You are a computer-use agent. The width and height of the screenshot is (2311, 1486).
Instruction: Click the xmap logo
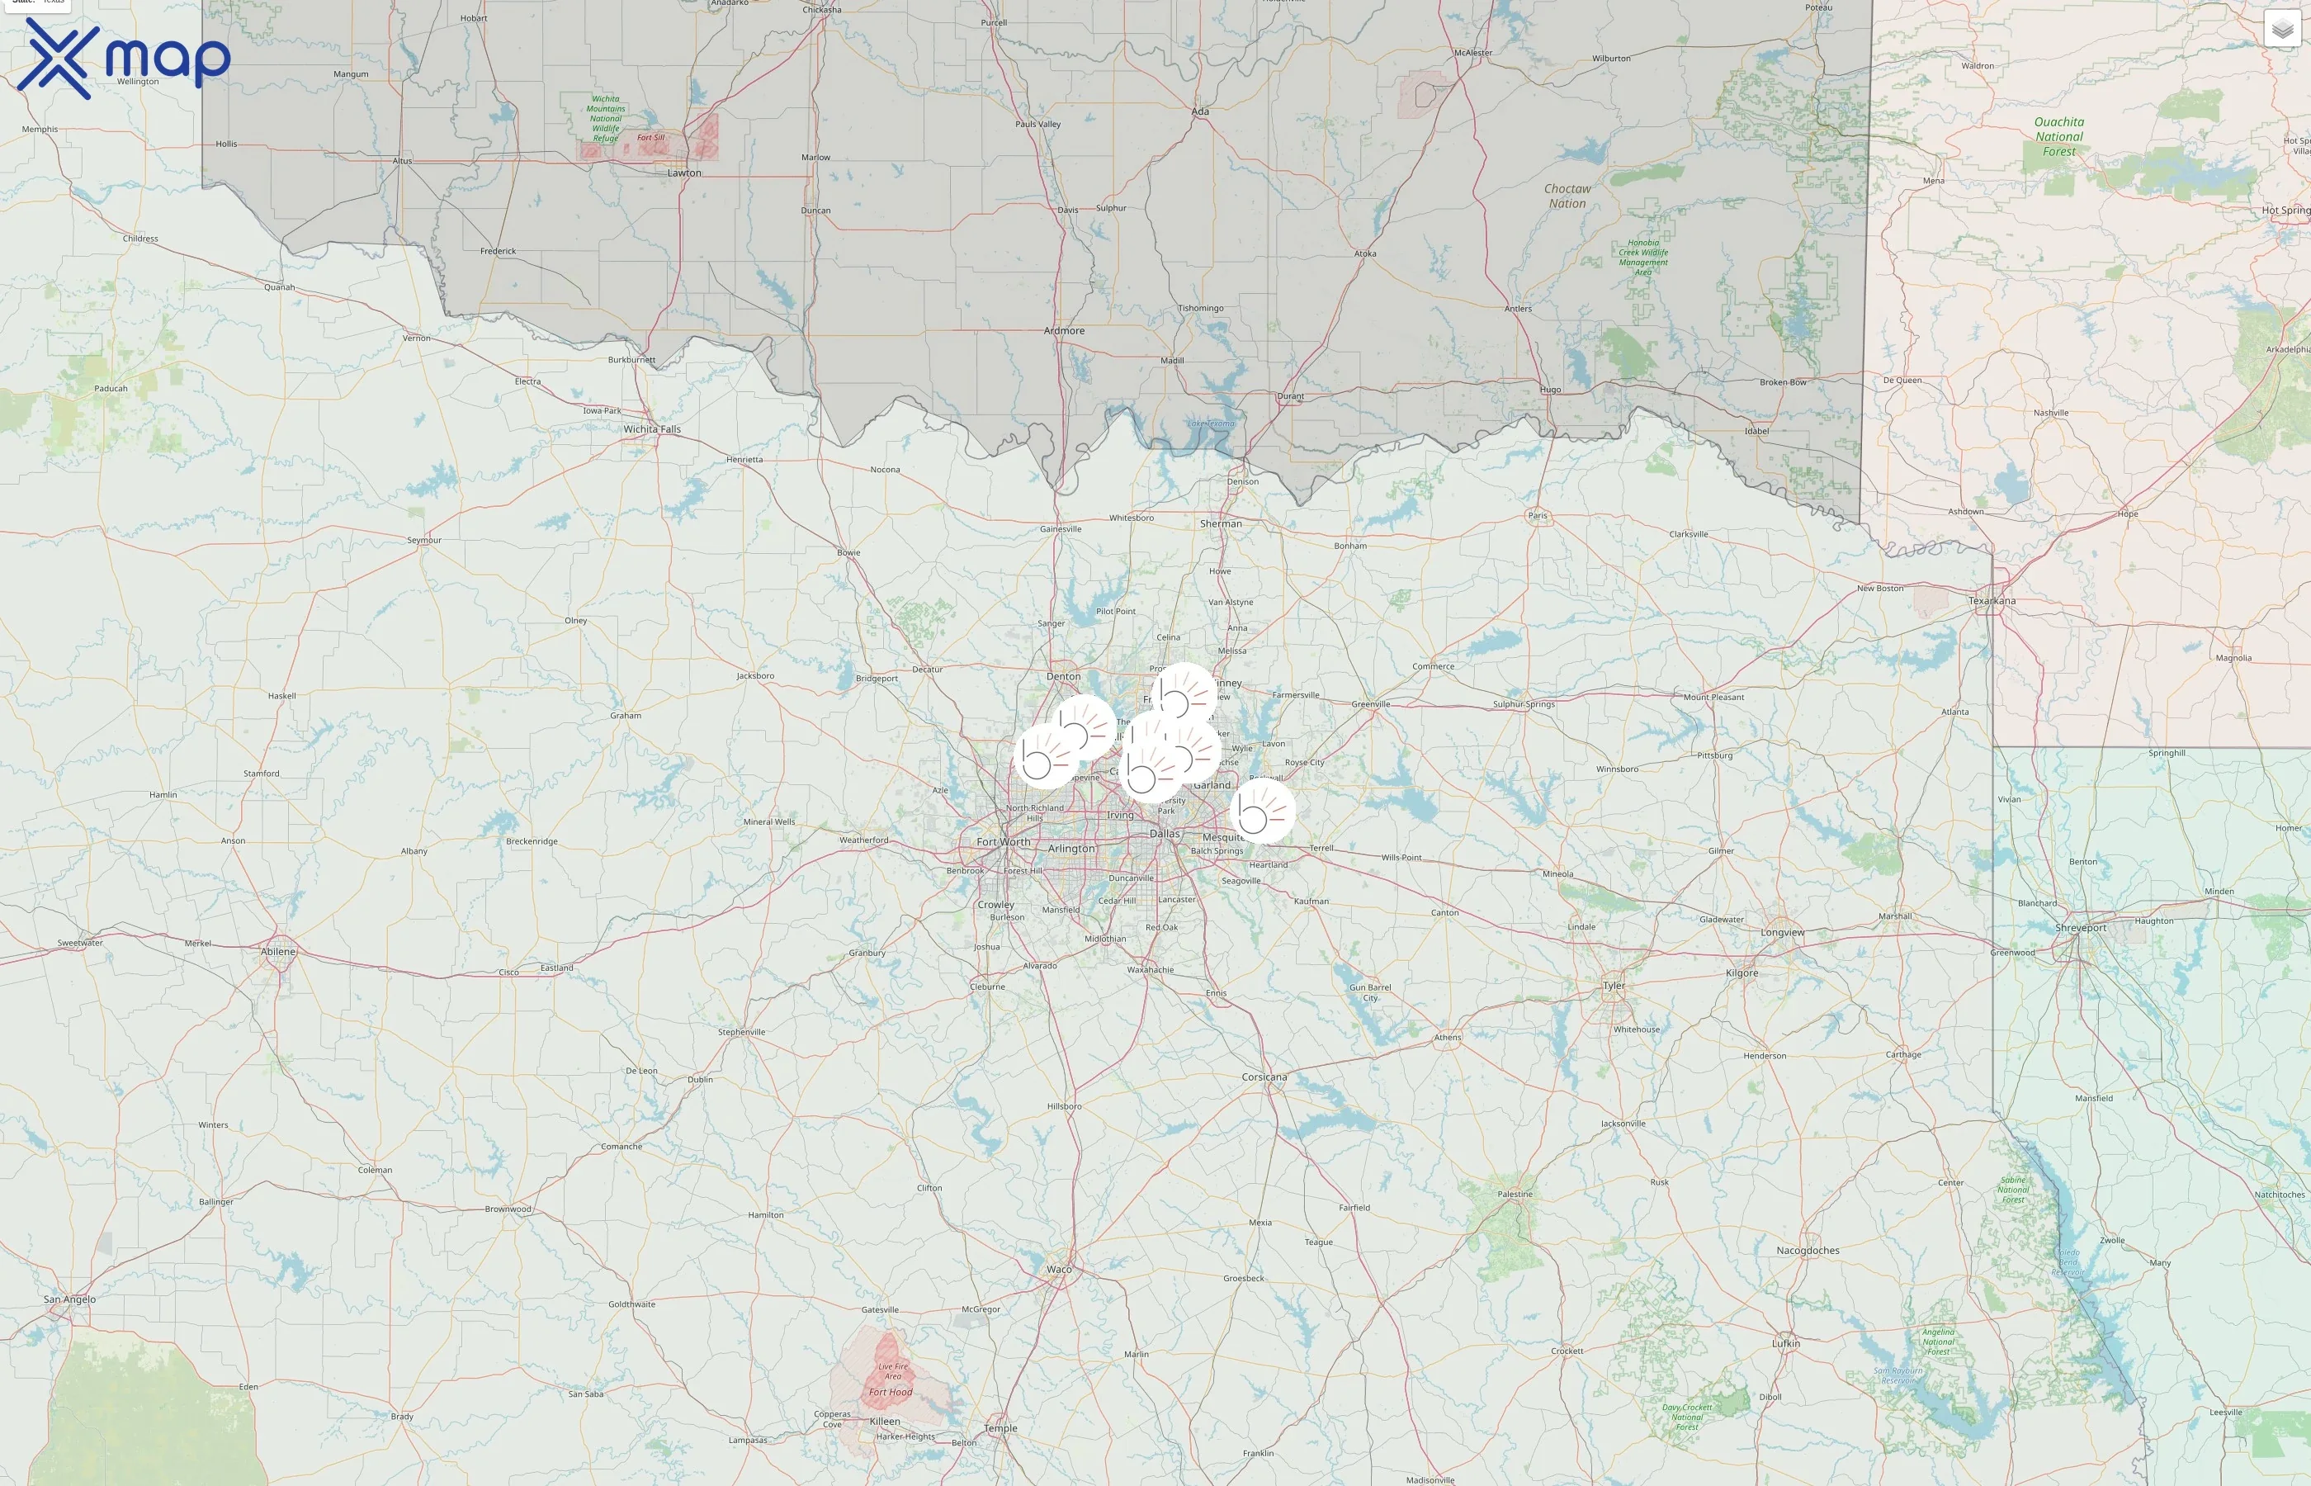[x=124, y=58]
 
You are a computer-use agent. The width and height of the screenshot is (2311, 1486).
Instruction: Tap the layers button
[x=2282, y=30]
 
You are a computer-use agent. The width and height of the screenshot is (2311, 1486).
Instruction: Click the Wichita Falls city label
[x=652, y=429]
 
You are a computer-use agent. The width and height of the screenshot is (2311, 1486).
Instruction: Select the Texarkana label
[x=1992, y=601]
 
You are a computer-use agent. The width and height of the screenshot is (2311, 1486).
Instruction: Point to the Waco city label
[x=1059, y=1270]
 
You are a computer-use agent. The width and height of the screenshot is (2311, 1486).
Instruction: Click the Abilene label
[x=279, y=951]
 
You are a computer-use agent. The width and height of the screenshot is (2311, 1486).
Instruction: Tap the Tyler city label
[x=1614, y=987]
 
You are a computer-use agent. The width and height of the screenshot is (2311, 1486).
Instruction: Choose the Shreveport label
[x=2081, y=928]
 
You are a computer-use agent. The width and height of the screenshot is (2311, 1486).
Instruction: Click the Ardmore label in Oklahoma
[x=1064, y=331]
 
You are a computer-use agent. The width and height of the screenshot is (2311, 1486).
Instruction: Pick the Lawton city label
[x=685, y=173]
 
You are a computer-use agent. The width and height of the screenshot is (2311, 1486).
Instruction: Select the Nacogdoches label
[x=1808, y=1251]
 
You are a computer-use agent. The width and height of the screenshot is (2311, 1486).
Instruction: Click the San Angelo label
[x=69, y=1299]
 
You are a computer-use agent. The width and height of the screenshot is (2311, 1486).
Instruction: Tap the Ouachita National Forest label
[x=2058, y=137]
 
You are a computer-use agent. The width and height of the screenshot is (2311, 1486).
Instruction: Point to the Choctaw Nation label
[x=1567, y=196]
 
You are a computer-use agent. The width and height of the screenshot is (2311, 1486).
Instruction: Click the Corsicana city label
[x=1264, y=1077]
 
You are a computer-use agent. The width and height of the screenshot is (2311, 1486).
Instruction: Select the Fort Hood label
[x=891, y=1393]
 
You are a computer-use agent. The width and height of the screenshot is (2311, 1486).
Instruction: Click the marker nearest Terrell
[x=1263, y=812]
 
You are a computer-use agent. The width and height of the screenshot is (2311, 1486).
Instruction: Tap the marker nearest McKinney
[x=1184, y=693]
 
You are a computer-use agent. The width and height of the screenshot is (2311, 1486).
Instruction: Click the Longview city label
[x=1783, y=933]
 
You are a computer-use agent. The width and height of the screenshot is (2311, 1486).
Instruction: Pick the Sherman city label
[x=1221, y=524]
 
